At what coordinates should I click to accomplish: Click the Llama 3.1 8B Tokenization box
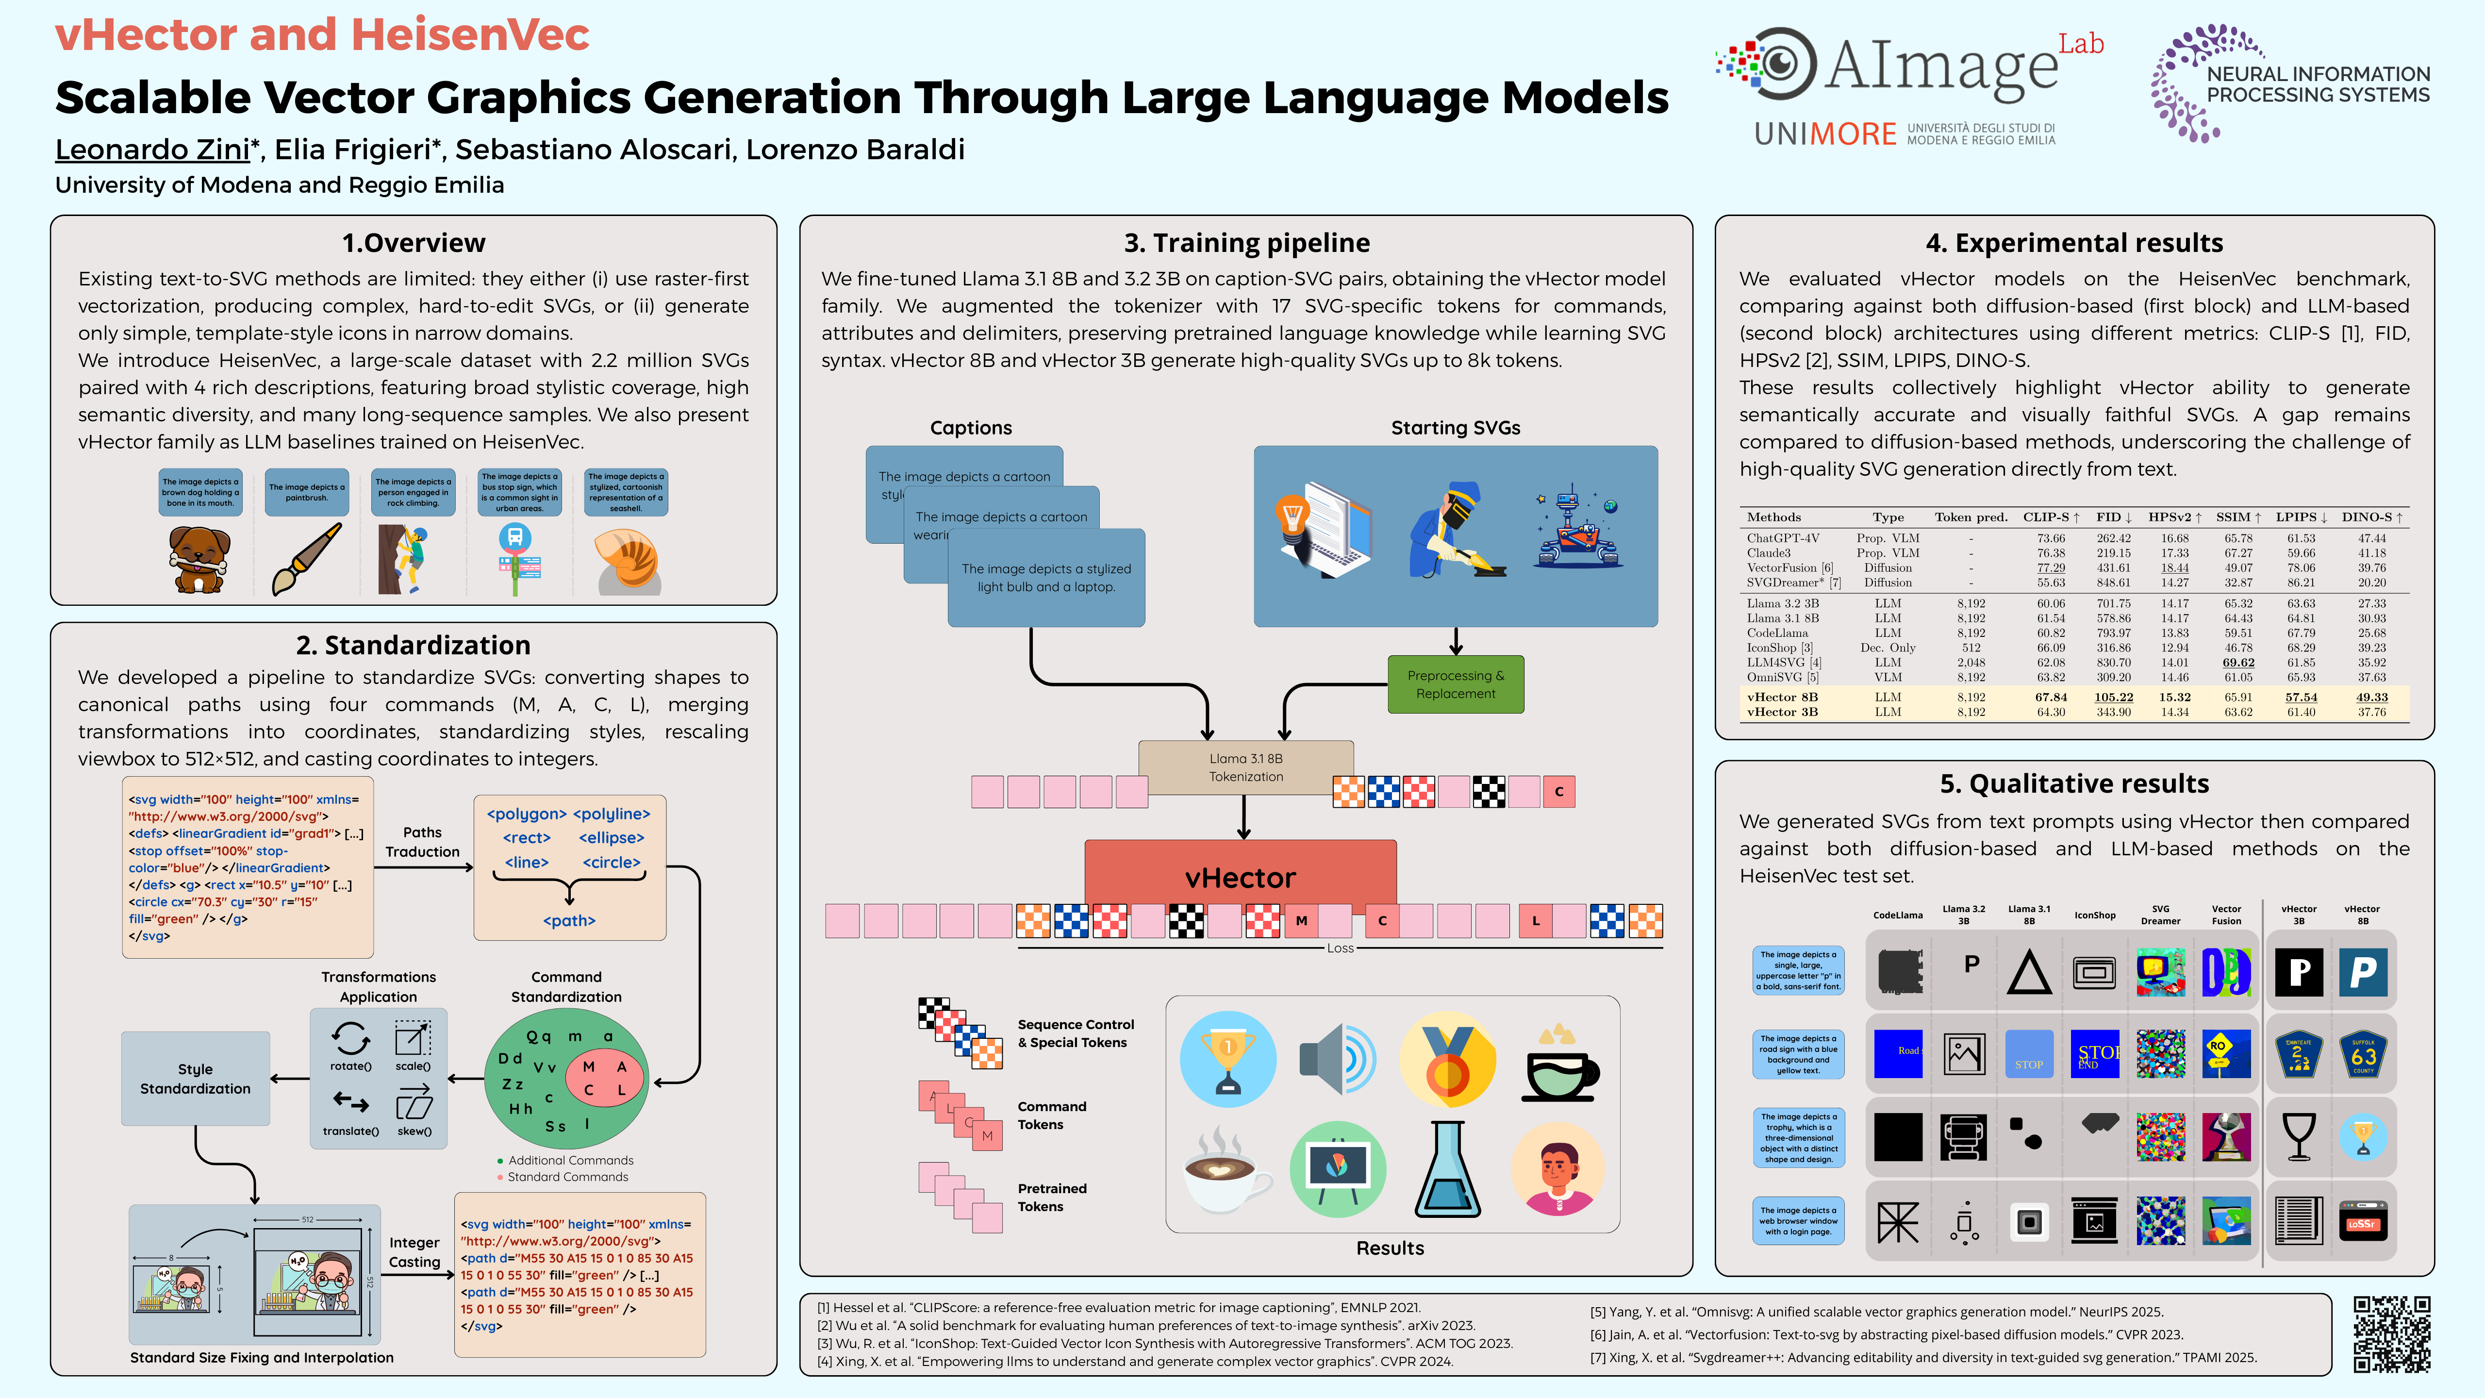1245,767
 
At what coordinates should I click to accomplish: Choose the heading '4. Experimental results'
2074,243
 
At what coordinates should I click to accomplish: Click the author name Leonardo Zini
152,150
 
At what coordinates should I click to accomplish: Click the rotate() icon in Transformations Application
350,1040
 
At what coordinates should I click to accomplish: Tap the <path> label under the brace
569,920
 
